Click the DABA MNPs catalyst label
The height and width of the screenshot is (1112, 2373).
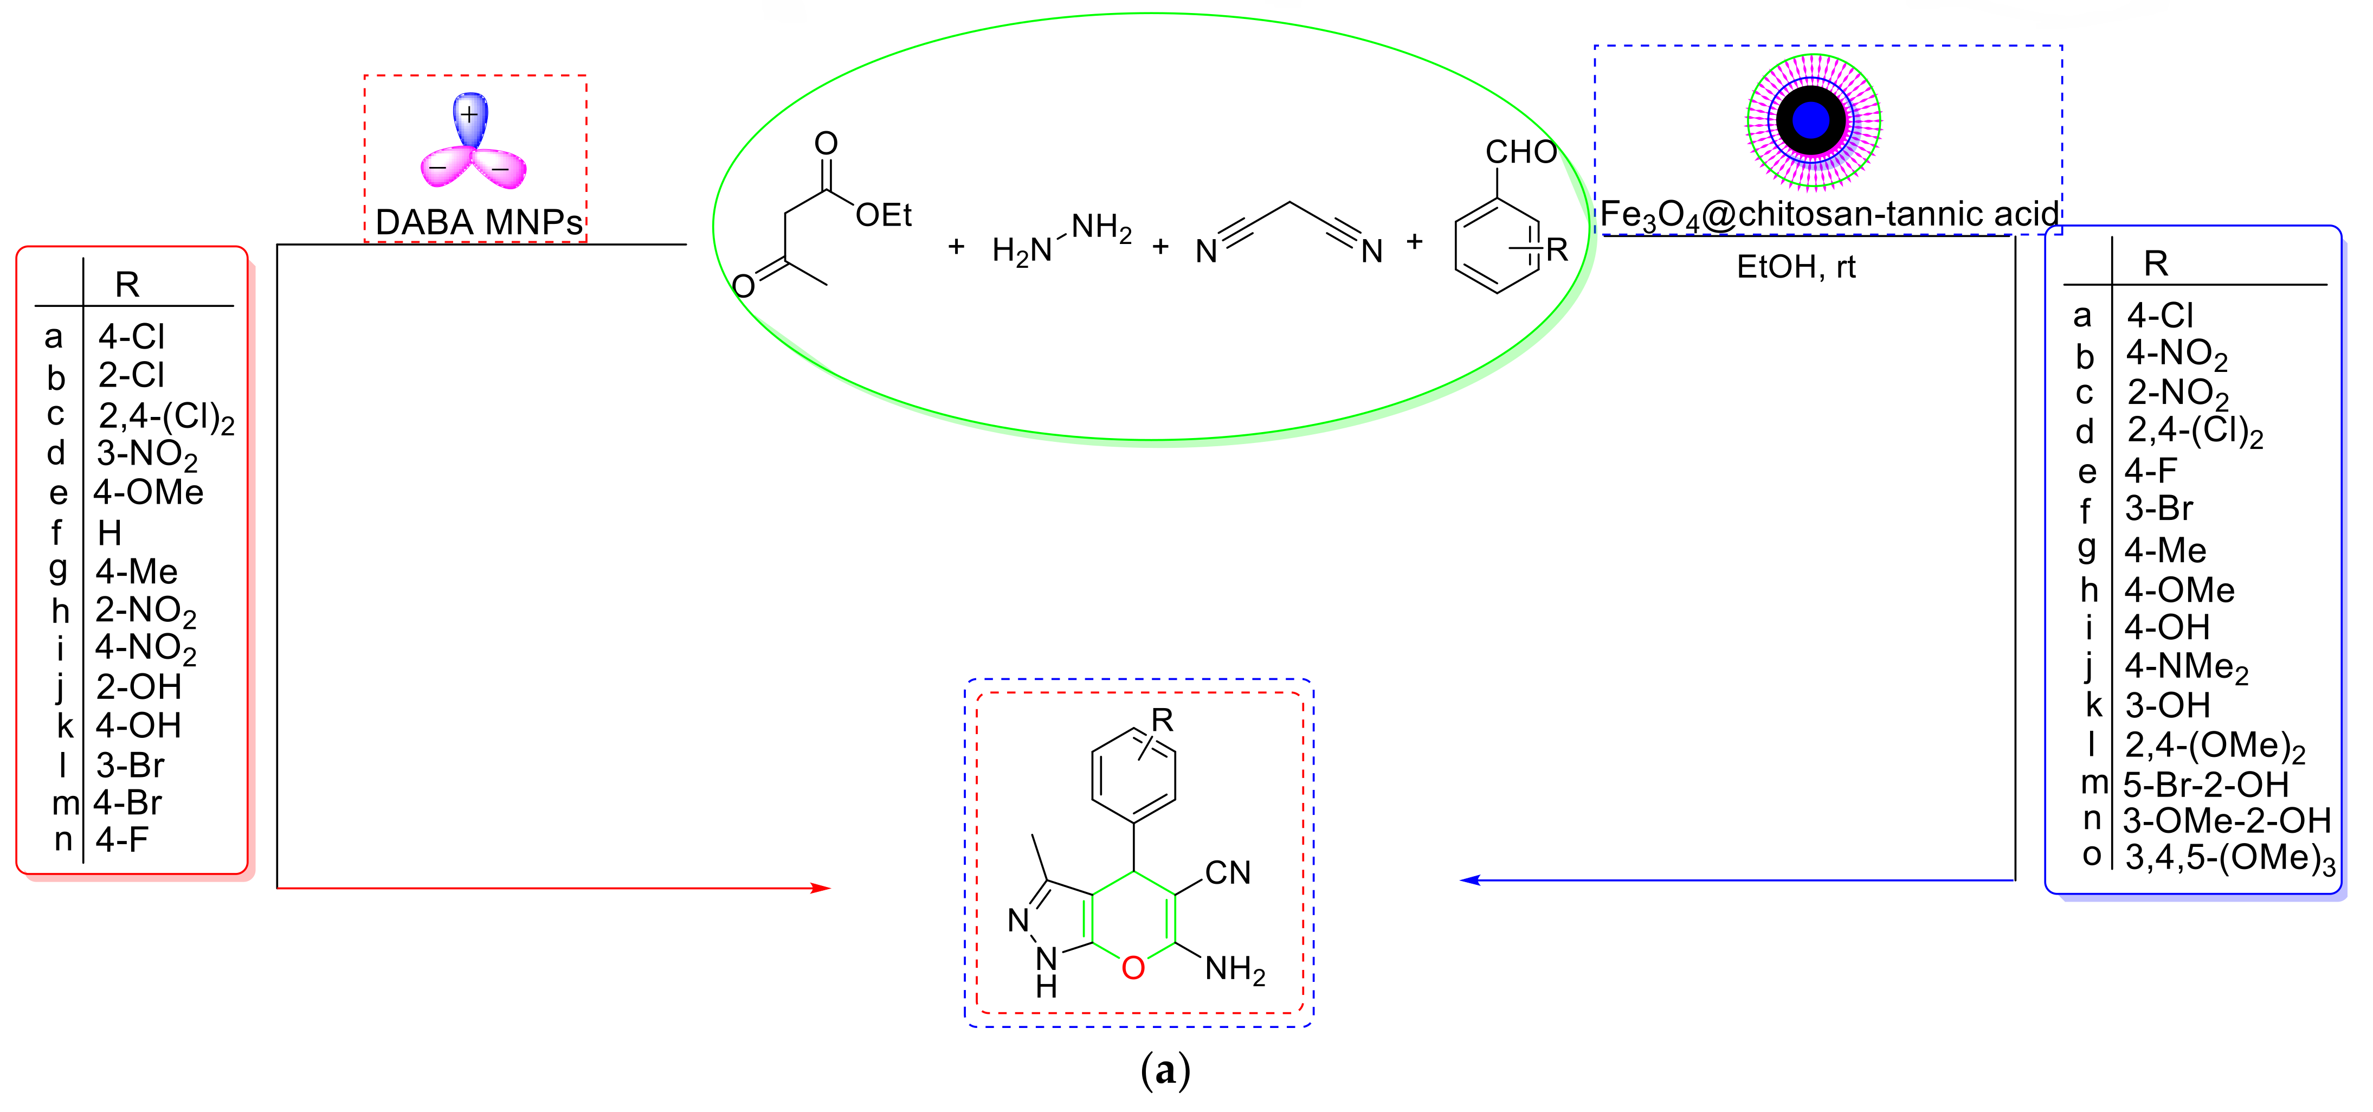tap(478, 222)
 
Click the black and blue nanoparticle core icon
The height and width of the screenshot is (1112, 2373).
tap(1811, 120)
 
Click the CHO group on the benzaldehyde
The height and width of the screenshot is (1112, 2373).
tap(1520, 152)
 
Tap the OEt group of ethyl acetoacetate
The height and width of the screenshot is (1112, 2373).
tap(882, 216)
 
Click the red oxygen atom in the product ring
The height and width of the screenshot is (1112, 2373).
tap(1133, 967)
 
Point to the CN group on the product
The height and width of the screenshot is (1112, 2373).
tap(1227, 872)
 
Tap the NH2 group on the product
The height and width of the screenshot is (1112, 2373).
tap(1234, 969)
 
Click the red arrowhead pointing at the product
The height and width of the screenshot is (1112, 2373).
tap(820, 888)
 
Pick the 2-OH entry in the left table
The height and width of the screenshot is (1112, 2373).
tap(138, 686)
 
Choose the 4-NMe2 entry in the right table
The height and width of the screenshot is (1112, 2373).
tap(2185, 666)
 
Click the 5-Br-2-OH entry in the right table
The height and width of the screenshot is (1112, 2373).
tap(2206, 784)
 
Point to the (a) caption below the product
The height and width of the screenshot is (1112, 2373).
tap(1165, 1071)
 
